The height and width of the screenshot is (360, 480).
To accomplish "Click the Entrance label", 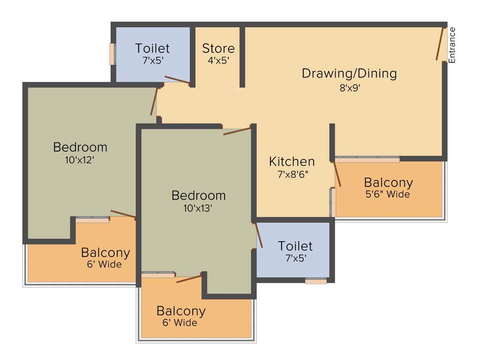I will click(x=452, y=45).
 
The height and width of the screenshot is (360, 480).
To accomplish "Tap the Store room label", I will click(x=218, y=48).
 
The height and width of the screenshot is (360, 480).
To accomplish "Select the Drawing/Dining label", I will click(x=349, y=74).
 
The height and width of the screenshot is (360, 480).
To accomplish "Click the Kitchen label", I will click(x=292, y=162).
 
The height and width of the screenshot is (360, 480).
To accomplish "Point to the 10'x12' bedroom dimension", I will click(x=80, y=159).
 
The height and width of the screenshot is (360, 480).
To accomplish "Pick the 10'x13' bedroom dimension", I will click(x=198, y=208).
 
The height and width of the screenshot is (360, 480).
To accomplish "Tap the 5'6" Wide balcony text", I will click(x=388, y=194).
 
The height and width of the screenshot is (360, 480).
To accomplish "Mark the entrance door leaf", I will click(x=440, y=44).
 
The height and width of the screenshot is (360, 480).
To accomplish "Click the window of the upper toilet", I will click(x=112, y=54).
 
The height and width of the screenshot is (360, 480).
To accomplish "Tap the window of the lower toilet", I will click(x=315, y=281).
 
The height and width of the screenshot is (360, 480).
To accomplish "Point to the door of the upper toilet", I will click(x=177, y=81).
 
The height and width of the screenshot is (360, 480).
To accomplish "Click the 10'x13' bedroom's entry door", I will click(x=238, y=131).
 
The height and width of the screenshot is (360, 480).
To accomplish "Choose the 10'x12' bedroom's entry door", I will click(x=154, y=102).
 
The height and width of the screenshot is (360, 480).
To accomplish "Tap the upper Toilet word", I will click(x=152, y=48).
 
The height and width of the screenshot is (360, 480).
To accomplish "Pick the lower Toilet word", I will click(x=295, y=246).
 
